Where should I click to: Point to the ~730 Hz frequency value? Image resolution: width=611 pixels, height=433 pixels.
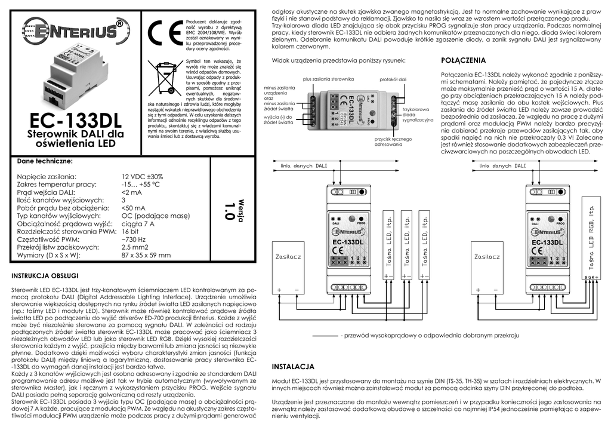pos(134,239)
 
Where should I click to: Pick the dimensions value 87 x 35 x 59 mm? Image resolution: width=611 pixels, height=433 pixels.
pos(146,255)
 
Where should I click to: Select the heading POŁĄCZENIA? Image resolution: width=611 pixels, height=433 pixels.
pos(463,60)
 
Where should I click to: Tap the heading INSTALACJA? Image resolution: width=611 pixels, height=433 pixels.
pos(293,366)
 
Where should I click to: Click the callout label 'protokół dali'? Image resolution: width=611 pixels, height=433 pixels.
pos(393,79)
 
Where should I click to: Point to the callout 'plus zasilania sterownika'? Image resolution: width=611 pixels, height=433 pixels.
pos(329,79)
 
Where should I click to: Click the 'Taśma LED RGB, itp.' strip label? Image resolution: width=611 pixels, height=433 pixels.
pos(591,238)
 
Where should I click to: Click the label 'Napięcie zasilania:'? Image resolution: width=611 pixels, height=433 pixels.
pos(47,177)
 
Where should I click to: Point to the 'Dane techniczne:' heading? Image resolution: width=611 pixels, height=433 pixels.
pos(45,161)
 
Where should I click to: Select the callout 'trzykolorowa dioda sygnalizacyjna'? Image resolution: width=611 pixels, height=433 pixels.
pos(416,115)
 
